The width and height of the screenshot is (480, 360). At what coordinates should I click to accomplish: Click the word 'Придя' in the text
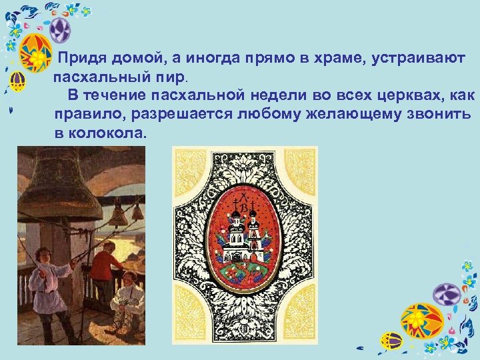(x=82, y=59)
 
